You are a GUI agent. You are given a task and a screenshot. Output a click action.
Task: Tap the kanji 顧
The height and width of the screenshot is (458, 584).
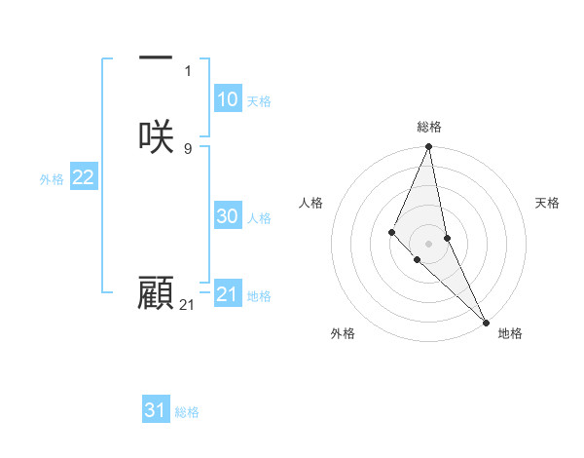pyautogui.click(x=156, y=293)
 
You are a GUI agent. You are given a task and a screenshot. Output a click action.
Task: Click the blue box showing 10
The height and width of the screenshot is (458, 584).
pyautogui.click(x=228, y=99)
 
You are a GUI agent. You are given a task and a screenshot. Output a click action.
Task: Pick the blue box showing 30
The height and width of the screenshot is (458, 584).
pyautogui.click(x=228, y=216)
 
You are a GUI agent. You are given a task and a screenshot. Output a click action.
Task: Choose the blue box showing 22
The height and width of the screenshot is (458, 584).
pyautogui.click(x=84, y=177)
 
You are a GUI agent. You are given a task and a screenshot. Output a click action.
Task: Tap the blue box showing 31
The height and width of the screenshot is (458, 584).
pyautogui.click(x=156, y=410)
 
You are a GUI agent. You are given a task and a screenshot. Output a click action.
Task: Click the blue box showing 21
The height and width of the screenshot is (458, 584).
pyautogui.click(x=228, y=294)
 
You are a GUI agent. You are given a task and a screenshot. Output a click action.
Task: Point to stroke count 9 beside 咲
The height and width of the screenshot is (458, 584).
pyautogui.click(x=188, y=148)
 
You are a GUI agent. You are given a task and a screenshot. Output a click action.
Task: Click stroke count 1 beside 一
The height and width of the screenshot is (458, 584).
pyautogui.click(x=188, y=71)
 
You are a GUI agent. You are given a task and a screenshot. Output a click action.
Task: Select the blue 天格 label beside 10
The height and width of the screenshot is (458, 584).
pyautogui.click(x=259, y=101)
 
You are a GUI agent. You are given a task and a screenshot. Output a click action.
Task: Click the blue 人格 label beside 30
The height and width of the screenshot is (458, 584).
pyautogui.click(x=259, y=218)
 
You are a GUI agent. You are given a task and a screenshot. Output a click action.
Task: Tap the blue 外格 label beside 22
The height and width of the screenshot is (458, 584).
pyautogui.click(x=52, y=179)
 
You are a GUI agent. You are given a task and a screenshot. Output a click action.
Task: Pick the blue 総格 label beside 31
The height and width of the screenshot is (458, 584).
pyautogui.click(x=187, y=412)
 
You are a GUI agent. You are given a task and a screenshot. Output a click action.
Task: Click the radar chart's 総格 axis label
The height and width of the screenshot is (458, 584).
pyautogui.click(x=429, y=127)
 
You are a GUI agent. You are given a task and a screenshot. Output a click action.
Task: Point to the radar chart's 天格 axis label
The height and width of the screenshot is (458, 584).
pyautogui.click(x=547, y=203)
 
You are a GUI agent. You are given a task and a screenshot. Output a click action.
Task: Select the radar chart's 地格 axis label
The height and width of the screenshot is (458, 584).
pyautogui.click(x=510, y=333)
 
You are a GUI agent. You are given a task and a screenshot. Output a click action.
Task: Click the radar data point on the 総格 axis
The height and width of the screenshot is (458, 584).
pyautogui.click(x=429, y=147)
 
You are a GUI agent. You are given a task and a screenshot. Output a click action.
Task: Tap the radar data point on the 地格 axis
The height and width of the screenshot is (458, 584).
pyautogui.click(x=485, y=321)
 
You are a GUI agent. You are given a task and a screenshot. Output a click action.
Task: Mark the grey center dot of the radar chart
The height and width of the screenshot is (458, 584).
pyautogui.click(x=429, y=243)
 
